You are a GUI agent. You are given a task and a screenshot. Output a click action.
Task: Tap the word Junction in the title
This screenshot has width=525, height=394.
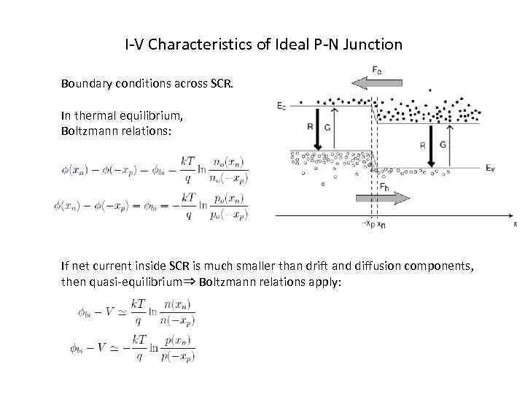click(x=375, y=44)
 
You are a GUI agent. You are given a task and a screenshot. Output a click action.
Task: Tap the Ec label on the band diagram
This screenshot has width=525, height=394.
click(x=281, y=106)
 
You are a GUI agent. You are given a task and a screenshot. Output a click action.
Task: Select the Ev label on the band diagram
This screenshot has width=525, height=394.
click(x=491, y=167)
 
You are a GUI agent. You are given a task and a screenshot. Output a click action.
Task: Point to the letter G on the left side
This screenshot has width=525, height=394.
click(x=327, y=125)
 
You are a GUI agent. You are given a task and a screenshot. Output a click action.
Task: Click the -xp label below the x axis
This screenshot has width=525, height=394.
click(x=370, y=224)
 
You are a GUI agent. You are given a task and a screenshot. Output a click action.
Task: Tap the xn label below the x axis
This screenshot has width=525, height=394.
click(x=381, y=224)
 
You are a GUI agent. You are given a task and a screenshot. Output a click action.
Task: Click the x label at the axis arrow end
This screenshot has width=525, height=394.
click(x=515, y=225)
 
